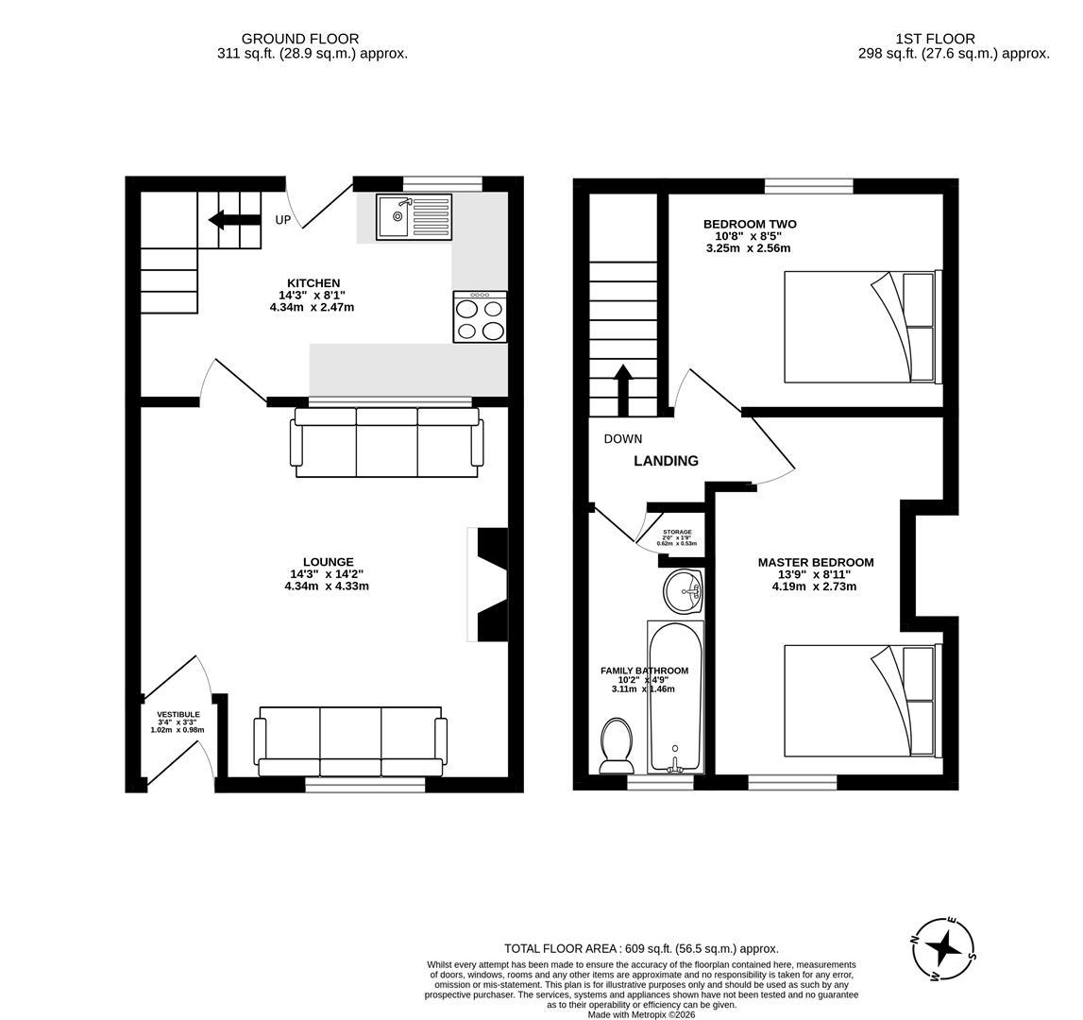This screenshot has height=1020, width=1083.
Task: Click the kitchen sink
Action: click(x=414, y=217)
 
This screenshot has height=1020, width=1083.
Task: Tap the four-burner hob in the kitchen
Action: click(x=480, y=317)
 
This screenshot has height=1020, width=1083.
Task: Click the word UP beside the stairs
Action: click(x=283, y=220)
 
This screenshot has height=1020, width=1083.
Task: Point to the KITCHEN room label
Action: click(x=313, y=283)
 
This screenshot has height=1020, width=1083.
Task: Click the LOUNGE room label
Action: click(x=328, y=562)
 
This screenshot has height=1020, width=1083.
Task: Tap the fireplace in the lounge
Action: click(x=490, y=585)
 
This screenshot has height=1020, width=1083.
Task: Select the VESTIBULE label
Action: click(x=178, y=715)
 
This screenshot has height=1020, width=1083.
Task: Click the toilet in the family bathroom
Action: click(x=617, y=745)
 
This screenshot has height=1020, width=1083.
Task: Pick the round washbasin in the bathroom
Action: click(x=683, y=592)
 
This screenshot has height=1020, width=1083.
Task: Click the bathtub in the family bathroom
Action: click(x=675, y=696)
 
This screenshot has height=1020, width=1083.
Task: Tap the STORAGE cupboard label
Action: click(x=677, y=533)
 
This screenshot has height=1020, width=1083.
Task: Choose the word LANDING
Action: click(x=666, y=461)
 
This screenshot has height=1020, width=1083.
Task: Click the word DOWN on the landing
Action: click(x=623, y=439)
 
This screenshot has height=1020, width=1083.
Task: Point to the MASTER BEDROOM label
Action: click(x=816, y=562)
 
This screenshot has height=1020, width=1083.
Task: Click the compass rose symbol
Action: click(x=943, y=948)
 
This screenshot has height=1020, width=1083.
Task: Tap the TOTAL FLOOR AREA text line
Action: click(x=641, y=948)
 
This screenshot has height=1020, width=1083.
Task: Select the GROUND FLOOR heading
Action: click(x=300, y=39)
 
